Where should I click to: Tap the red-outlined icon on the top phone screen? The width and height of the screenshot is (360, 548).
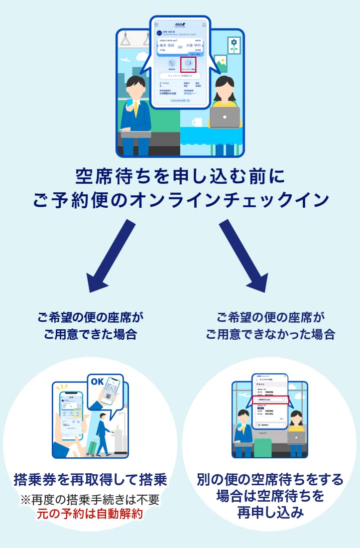(188, 64)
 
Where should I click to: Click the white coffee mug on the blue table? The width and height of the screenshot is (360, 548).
(197, 122)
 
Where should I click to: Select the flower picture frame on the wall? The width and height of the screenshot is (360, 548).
(234, 45)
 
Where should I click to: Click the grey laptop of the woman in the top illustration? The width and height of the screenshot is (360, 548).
(225, 117)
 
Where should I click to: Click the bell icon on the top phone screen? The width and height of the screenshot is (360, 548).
(204, 24)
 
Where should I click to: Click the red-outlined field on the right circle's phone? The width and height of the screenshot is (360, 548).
(269, 400)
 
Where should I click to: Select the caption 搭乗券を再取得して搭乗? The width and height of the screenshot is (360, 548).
(90, 481)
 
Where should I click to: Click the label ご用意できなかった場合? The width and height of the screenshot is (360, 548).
(270, 334)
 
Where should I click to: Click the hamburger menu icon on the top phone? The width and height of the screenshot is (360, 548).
(156, 24)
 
